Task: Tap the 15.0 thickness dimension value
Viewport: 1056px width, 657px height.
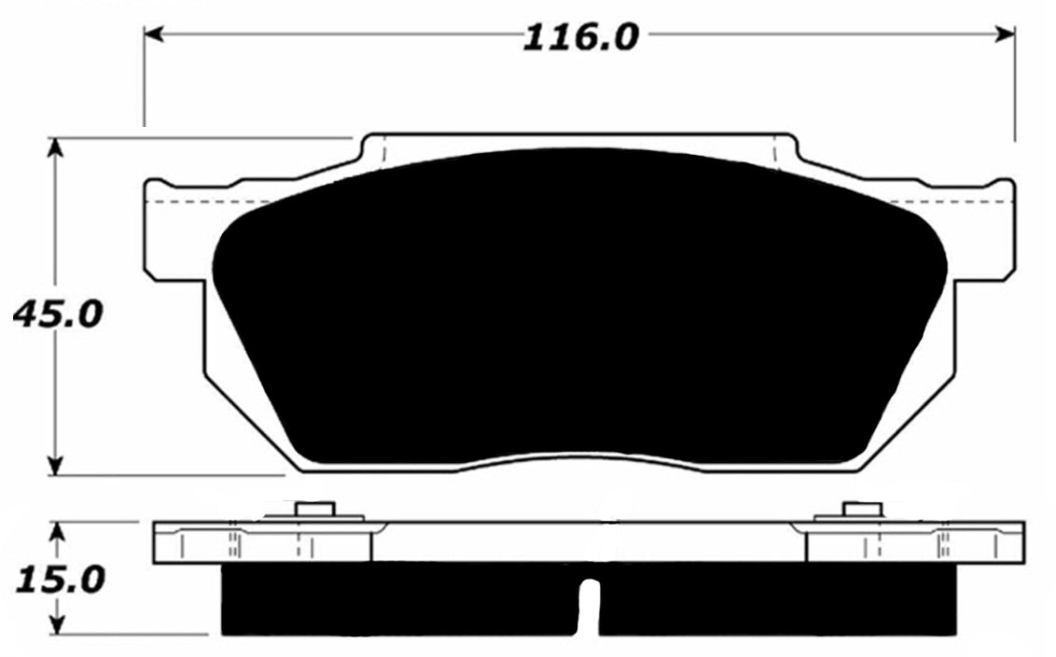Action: (59, 580)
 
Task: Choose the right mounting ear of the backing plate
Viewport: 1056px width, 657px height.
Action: (985, 229)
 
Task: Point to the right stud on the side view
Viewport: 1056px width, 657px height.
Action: (862, 509)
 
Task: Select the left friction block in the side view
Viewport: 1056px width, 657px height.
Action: (401, 597)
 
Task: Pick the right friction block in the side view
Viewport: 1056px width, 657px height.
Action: (779, 597)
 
